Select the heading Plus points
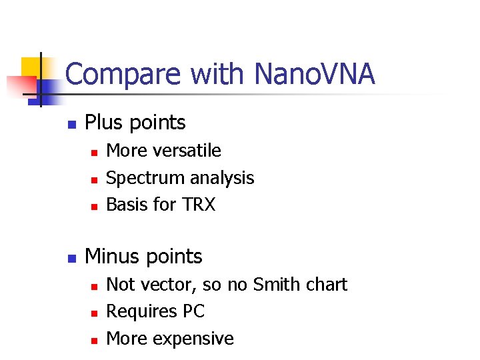click(x=135, y=123)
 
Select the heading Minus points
click(x=143, y=256)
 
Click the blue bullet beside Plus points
click(x=71, y=124)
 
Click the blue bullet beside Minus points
click(x=71, y=257)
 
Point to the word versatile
click(x=190, y=151)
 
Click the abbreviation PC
click(x=193, y=311)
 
